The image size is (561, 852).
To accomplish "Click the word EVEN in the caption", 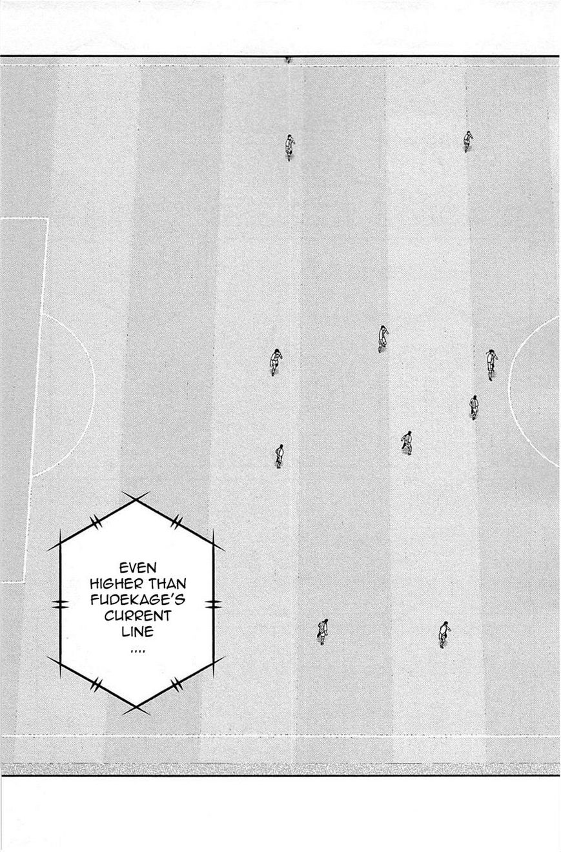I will [138, 568].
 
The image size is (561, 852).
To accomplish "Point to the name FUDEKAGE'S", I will [138, 600].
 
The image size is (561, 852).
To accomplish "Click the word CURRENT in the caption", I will [138, 616].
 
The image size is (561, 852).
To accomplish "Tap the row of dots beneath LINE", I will [138, 649].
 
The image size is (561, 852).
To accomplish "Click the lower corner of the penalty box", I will [25, 581].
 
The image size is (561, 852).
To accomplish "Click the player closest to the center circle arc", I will [491, 364].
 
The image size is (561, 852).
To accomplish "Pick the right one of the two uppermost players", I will [467, 141].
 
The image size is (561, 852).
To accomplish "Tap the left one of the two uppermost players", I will [289, 147].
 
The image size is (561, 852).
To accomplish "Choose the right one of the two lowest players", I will [444, 634].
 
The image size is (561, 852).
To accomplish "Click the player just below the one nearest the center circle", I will [474, 407].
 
